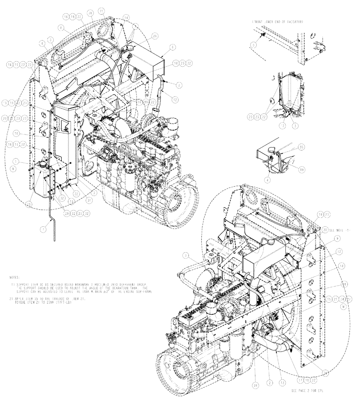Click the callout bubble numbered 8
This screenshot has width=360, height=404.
[x=61, y=28]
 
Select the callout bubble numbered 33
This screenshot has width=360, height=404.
[x=301, y=148]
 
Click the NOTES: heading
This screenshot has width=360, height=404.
[x=14, y=278]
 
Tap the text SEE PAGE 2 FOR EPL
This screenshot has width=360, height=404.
[x=308, y=391]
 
